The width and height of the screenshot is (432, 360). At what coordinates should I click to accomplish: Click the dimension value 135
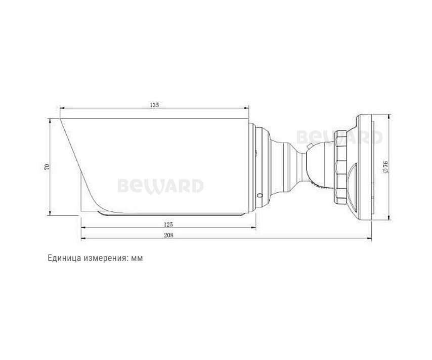(155, 105)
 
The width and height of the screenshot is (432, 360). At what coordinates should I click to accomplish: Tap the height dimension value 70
(47, 166)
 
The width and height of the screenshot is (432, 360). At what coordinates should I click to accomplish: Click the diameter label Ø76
(385, 167)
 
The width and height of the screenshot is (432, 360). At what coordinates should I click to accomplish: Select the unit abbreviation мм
(137, 257)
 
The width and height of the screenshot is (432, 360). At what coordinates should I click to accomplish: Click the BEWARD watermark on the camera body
(160, 186)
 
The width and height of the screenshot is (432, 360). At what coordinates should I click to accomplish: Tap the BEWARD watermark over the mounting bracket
(339, 137)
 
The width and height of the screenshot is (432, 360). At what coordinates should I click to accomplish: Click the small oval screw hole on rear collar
(260, 194)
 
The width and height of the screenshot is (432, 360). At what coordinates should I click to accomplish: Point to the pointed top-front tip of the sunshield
(60, 120)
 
